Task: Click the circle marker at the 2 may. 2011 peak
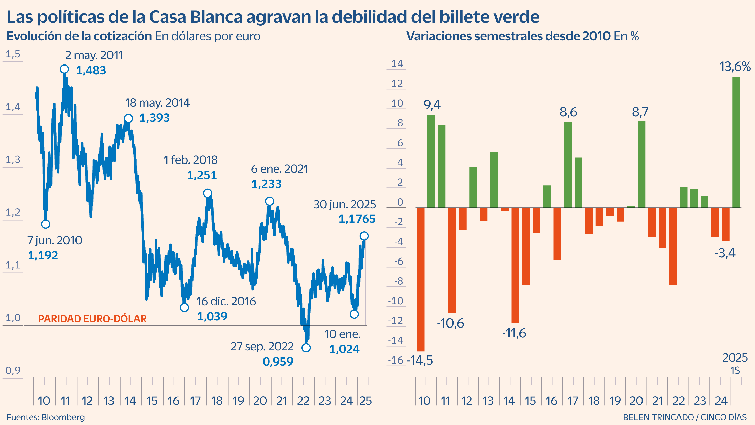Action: pyautogui.click(x=64, y=69)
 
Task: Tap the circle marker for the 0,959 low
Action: pyautogui.click(x=306, y=348)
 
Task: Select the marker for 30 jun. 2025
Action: pyautogui.click(x=364, y=236)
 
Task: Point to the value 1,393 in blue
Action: pyautogui.click(x=155, y=118)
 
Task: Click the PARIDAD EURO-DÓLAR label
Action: pyautogui.click(x=92, y=319)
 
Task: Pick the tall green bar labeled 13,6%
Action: pyautogui.click(x=736, y=142)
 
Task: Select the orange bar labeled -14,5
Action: pyautogui.click(x=421, y=279)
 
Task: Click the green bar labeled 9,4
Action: pyautogui.click(x=431, y=161)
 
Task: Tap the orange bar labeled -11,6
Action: pyautogui.click(x=515, y=265)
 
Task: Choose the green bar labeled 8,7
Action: pyautogui.click(x=641, y=164)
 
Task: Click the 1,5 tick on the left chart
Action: pyautogui.click(x=13, y=54)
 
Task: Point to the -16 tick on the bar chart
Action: pyautogui.click(x=396, y=360)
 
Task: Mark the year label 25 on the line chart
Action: pyautogui.click(x=365, y=401)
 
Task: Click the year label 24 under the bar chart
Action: pyautogui.click(x=721, y=401)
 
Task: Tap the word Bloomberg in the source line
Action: pyautogui.click(x=63, y=417)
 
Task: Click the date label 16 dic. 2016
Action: pyautogui.click(x=226, y=301)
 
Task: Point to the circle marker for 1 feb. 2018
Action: pyautogui.click(x=208, y=193)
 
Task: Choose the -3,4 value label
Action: pyautogui.click(x=725, y=253)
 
